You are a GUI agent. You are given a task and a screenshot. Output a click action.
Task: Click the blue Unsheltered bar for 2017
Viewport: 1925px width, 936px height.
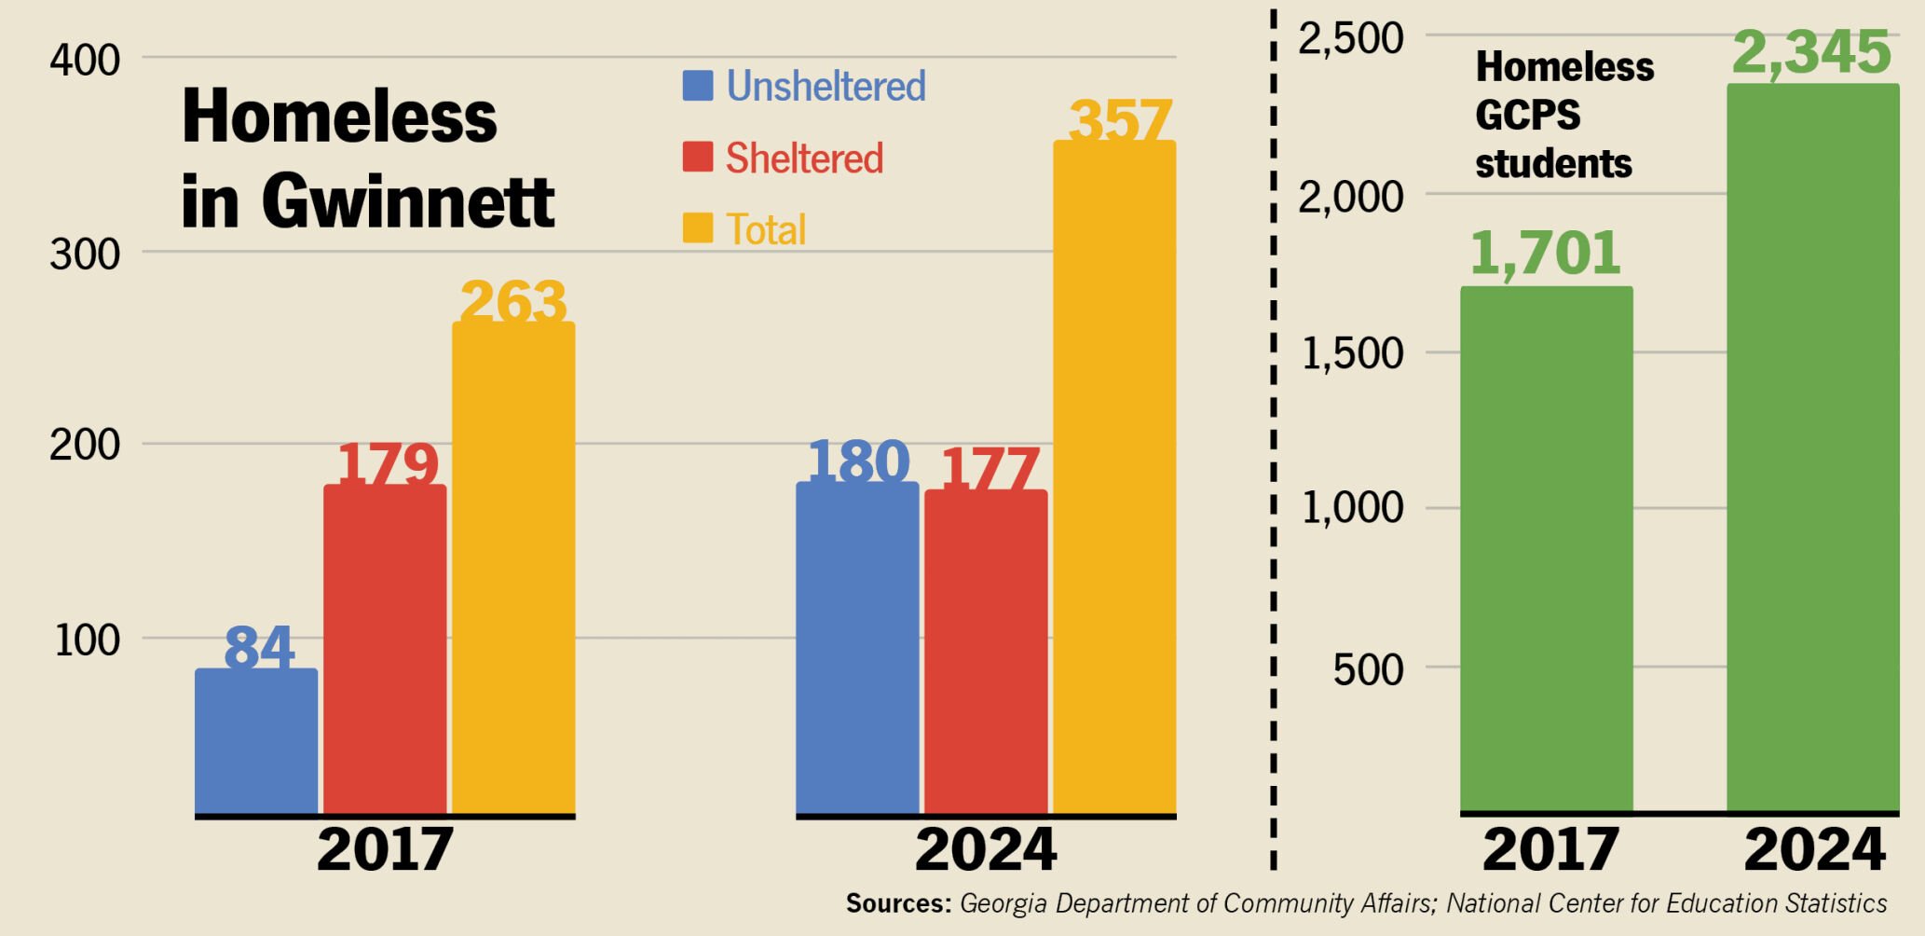[256, 741]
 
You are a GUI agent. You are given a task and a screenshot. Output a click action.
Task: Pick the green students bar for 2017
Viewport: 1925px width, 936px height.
[1547, 549]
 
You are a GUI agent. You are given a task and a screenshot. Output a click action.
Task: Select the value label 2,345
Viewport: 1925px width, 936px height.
[1811, 52]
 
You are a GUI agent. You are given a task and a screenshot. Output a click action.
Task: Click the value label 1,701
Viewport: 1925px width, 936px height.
[1546, 253]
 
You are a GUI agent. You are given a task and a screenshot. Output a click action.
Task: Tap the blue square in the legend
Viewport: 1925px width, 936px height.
[698, 86]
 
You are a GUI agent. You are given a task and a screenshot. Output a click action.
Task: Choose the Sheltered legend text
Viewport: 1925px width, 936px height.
[804, 158]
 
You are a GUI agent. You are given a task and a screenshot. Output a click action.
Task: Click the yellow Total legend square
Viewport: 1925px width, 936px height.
[698, 228]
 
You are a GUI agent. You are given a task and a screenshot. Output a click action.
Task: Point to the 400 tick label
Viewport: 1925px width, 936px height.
[85, 61]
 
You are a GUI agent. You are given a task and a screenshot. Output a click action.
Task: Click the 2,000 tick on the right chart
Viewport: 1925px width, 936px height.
[1350, 197]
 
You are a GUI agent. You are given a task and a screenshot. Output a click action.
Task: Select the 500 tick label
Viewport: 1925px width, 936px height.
[1367, 669]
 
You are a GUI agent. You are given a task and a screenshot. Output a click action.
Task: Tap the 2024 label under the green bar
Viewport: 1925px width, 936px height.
[1814, 849]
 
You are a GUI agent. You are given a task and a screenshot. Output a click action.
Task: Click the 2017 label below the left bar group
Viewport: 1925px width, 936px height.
[385, 849]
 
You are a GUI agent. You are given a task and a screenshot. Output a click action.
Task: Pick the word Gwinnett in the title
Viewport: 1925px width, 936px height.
[407, 200]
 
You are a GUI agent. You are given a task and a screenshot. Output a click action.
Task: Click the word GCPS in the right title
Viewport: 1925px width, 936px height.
[1527, 116]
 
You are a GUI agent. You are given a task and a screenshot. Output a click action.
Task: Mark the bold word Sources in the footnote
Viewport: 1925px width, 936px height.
[898, 903]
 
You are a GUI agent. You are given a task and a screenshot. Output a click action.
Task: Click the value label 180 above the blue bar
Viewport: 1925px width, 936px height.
[858, 461]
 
